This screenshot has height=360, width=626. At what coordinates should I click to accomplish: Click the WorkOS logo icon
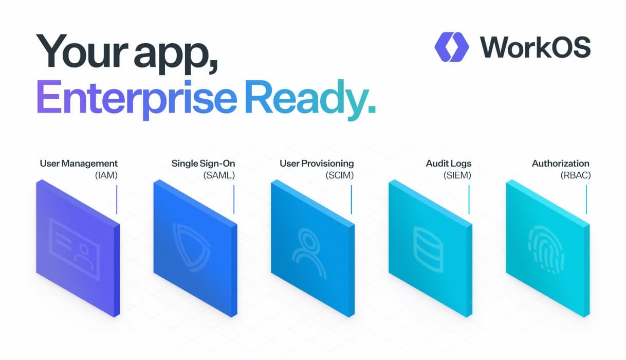coord(451,47)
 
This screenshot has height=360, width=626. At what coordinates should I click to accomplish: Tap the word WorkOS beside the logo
coord(536,47)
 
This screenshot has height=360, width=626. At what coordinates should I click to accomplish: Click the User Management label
coord(79,164)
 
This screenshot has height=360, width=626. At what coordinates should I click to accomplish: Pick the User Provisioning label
coord(317,164)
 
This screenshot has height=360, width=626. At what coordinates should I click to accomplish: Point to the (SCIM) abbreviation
coord(339,175)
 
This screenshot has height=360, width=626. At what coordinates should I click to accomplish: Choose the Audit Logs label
coord(448,164)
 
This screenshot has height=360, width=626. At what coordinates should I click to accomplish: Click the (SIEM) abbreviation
coord(457,175)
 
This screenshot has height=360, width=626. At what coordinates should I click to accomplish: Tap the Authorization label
coord(560,164)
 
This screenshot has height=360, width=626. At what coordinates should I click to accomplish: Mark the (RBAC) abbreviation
coord(575,175)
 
